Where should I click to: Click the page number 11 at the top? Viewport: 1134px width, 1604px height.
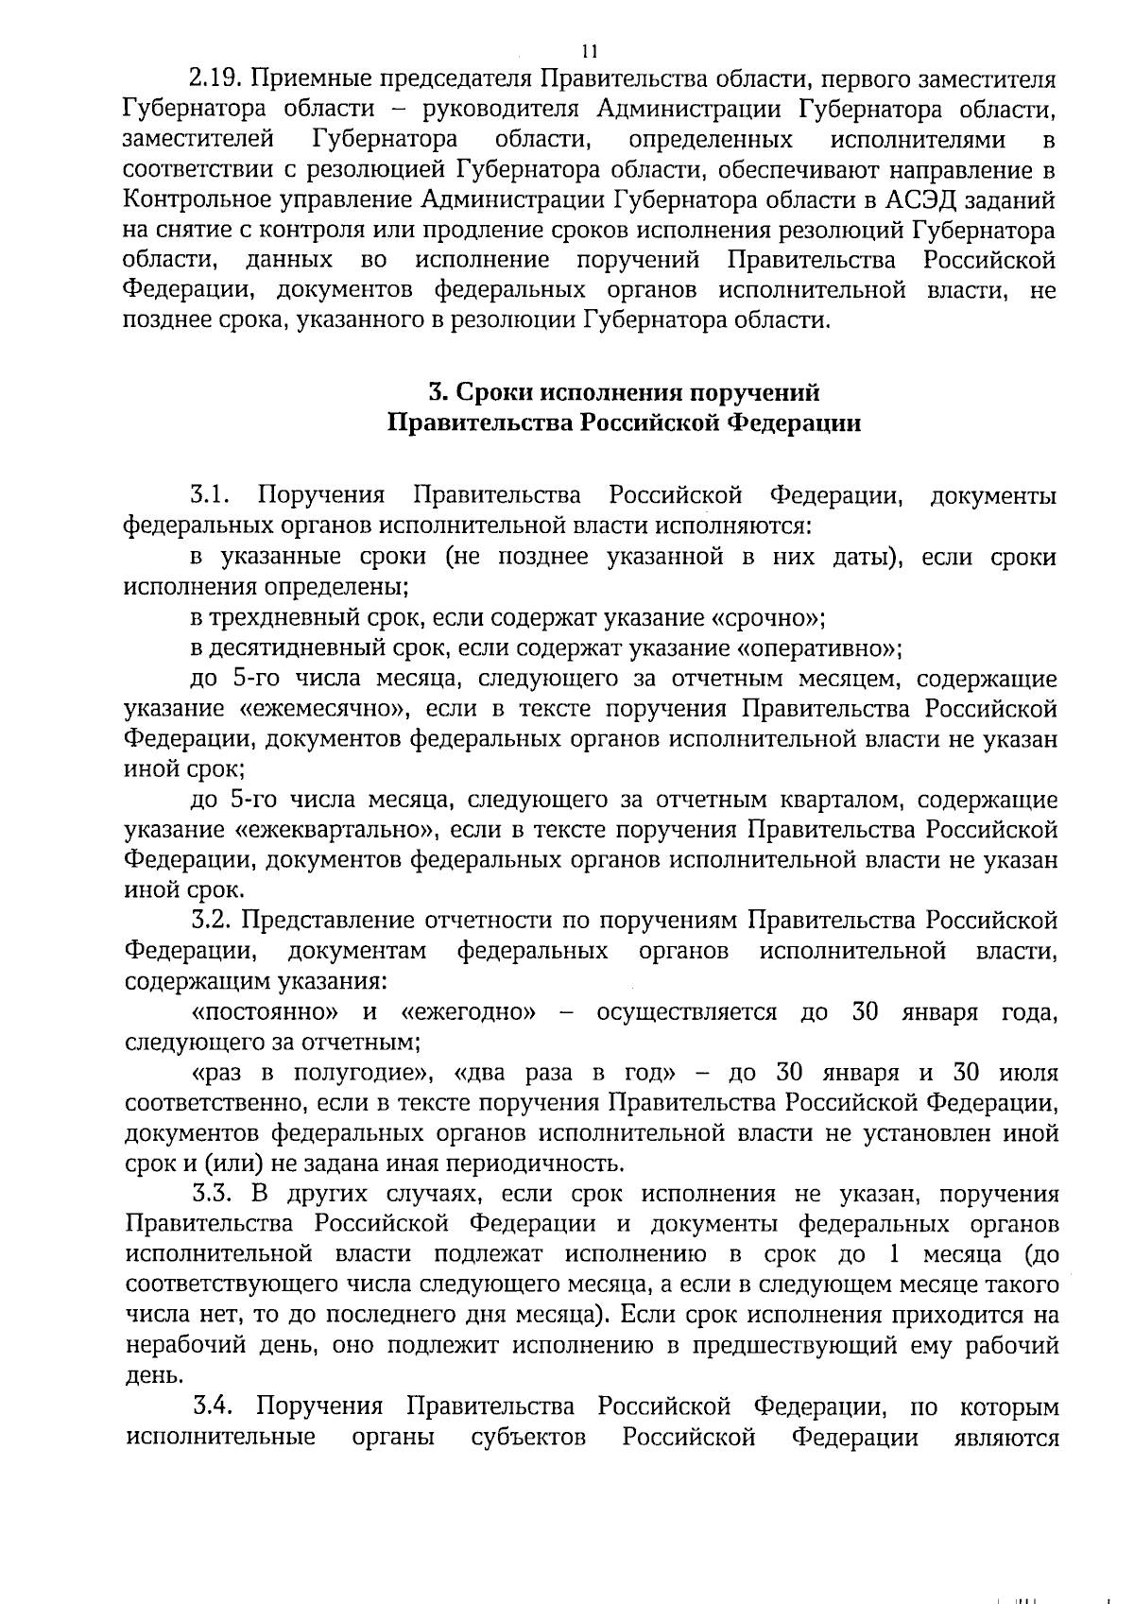589,51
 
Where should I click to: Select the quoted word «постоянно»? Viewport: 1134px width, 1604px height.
266,1012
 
